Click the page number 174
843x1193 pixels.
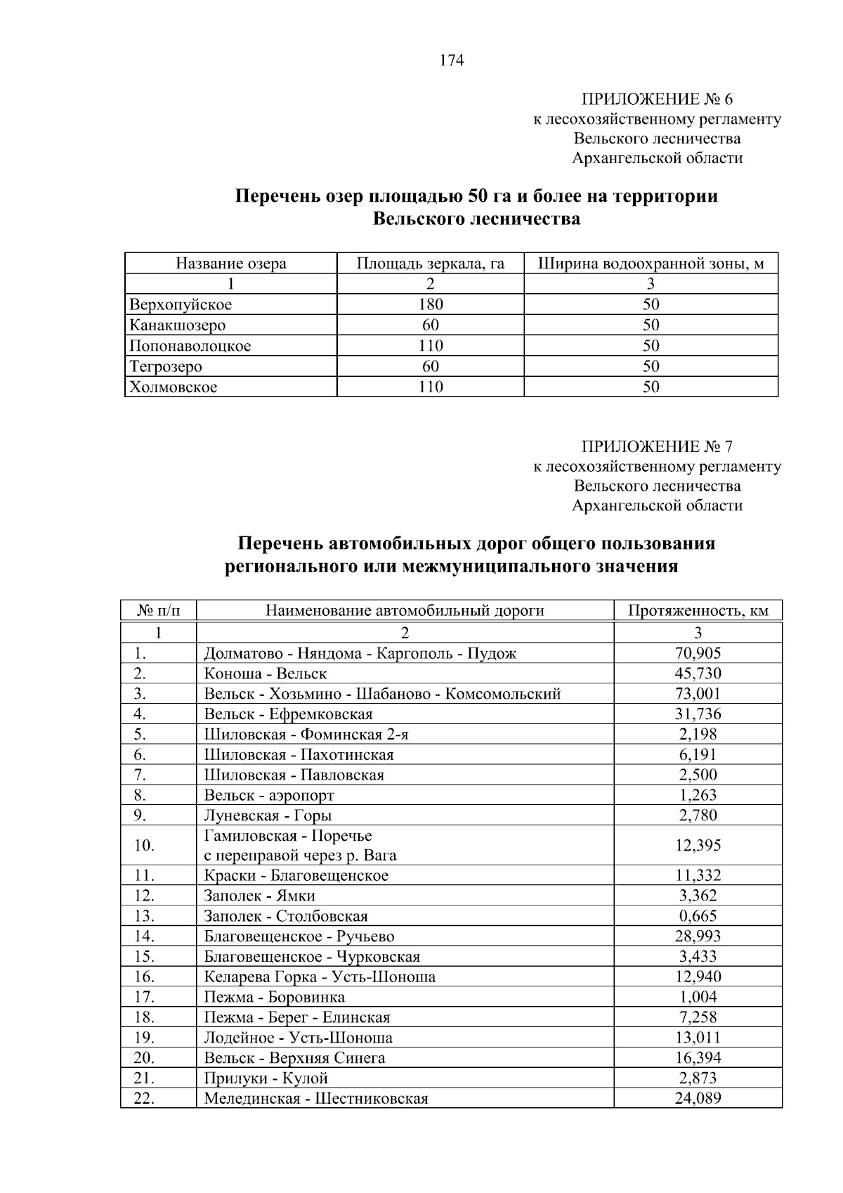point(452,61)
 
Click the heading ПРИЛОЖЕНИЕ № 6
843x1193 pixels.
point(657,99)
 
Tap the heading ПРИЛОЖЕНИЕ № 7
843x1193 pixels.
point(657,447)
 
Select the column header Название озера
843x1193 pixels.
point(230,264)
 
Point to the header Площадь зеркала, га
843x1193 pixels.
point(430,264)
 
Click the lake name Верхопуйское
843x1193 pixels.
point(181,304)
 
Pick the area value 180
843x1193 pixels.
point(430,304)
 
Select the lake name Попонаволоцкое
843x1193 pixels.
point(190,346)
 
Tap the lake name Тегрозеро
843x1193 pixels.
point(166,366)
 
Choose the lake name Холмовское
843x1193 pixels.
point(174,387)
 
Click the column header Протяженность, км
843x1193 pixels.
point(698,610)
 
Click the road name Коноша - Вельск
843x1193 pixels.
point(265,673)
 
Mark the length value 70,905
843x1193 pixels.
point(698,653)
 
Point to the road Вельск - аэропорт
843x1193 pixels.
point(269,795)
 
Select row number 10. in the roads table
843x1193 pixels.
point(144,845)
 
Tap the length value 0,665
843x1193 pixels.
point(698,916)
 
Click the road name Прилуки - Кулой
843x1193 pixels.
point(266,1078)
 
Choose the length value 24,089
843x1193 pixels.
point(698,1099)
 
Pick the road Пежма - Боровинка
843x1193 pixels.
point(274,997)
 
